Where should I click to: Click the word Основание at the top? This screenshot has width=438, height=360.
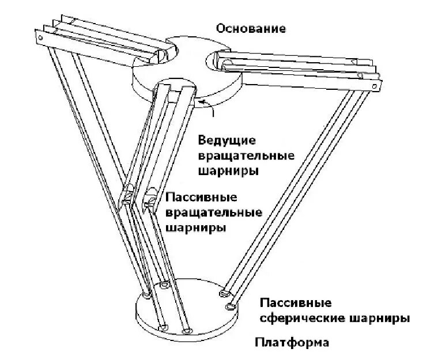(251, 28)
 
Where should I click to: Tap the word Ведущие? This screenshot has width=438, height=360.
(227, 141)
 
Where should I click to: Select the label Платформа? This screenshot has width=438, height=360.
(292, 343)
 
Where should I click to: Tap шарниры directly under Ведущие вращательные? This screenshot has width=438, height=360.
(228, 171)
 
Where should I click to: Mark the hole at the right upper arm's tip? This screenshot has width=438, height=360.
(375, 87)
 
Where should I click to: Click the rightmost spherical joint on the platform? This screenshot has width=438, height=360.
(231, 305)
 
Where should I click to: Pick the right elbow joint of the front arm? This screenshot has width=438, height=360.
(150, 197)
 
